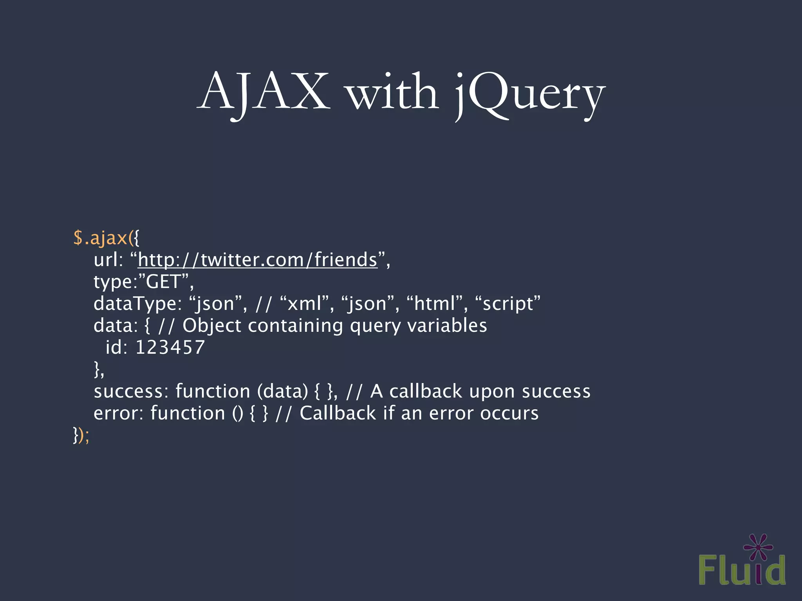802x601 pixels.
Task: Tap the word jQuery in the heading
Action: pos(529,94)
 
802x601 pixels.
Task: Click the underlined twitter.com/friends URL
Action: pos(257,259)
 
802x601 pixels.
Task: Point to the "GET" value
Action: pos(163,281)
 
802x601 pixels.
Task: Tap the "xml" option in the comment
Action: pos(305,304)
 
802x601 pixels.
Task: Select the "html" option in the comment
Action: pos(435,304)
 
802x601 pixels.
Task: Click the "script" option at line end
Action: pos(508,304)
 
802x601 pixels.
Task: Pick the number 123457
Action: pos(170,347)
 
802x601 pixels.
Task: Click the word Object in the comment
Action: pos(212,326)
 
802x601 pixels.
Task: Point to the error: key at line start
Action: pos(119,413)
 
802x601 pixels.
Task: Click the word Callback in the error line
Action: pos(338,413)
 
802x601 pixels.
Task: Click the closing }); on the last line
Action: pos(81,435)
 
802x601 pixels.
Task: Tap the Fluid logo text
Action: pos(741,570)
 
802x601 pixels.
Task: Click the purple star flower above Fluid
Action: pos(759,547)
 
